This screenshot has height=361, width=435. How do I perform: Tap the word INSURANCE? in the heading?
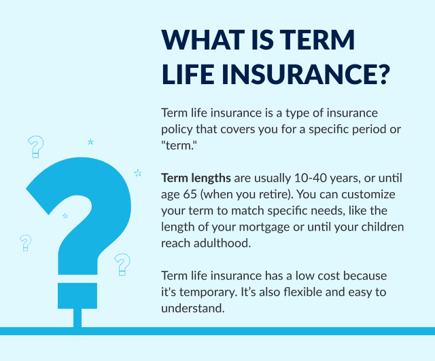pos(306,74)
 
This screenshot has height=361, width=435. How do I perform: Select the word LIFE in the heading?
pos(188,74)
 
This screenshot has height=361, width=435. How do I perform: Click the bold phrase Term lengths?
pos(196,178)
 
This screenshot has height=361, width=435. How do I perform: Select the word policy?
pos(177,130)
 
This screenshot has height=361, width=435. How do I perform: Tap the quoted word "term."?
pos(177,145)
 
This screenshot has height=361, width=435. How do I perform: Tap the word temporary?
pos(209,292)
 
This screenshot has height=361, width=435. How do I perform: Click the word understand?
pos(193,308)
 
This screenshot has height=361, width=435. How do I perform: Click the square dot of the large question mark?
pos(77,296)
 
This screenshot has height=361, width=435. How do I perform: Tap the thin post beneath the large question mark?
pos(77,318)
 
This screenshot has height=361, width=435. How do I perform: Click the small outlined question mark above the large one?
pos(36,147)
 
